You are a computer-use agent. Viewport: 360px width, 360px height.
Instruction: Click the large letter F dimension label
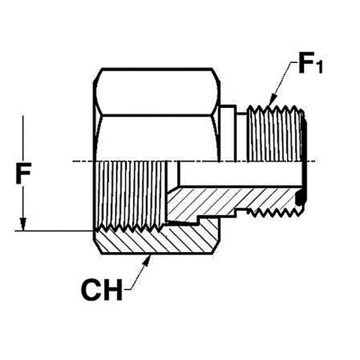tap(24, 173)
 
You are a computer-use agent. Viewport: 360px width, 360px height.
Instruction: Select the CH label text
tap(102, 290)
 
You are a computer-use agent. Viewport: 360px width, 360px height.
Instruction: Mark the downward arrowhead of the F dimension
tap(22, 224)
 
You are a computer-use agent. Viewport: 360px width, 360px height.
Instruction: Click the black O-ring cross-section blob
tap(300, 197)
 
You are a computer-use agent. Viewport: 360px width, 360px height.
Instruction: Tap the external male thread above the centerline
tap(275, 134)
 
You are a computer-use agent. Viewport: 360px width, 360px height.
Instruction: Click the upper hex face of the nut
tap(157, 91)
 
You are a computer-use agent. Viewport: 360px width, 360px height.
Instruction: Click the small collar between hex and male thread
tap(228, 134)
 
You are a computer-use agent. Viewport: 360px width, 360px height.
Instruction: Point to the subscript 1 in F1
tap(319, 67)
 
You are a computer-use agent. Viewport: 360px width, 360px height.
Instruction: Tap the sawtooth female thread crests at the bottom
tap(130, 228)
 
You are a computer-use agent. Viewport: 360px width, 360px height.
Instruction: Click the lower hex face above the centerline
tap(157, 138)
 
